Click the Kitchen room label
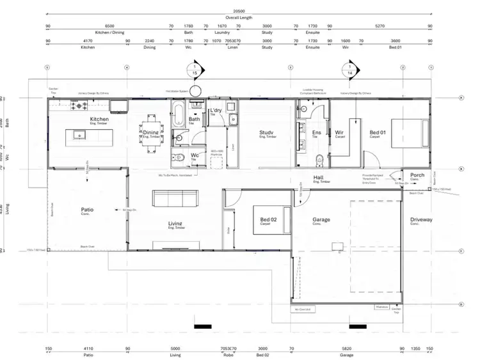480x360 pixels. click(99, 120)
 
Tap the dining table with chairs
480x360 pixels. click(151, 132)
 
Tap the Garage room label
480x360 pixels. click(321, 219)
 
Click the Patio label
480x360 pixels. click(87, 209)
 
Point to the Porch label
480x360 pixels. click(417, 175)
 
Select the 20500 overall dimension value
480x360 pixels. click(239, 12)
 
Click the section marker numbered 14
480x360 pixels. click(350, 70)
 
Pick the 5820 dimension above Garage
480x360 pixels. click(347, 349)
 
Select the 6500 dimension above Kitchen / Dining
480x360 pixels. click(109, 26)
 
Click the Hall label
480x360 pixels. click(318, 178)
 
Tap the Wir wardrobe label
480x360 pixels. click(339, 133)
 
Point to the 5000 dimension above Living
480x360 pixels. click(175, 349)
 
